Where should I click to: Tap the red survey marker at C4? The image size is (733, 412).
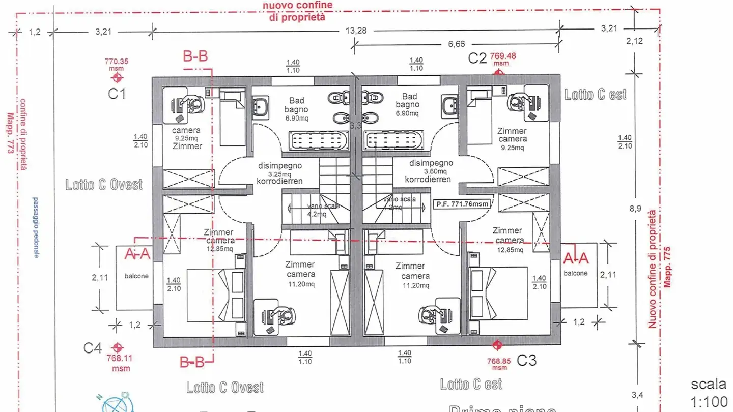pyautogui.click(x=118, y=347)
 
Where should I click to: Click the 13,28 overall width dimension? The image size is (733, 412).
pyautogui.click(x=356, y=31)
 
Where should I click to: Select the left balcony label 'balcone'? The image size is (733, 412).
pyautogui.click(x=136, y=275)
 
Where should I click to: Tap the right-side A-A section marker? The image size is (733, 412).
pyautogui.click(x=577, y=259)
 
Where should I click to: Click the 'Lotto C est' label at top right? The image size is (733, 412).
pyautogui.click(x=595, y=94)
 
